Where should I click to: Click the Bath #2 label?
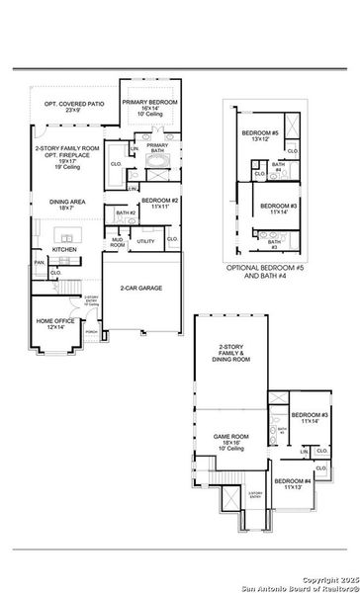pos(126,213)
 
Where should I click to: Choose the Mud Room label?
pos(117,241)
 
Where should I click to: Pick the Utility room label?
pos(146,241)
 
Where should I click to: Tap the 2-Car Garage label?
pos(141,289)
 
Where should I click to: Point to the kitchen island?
pos(69,235)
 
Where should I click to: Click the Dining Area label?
pos(66,205)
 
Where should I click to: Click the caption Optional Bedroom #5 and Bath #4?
pos(268,272)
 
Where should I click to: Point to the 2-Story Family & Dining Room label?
pos(229,352)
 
